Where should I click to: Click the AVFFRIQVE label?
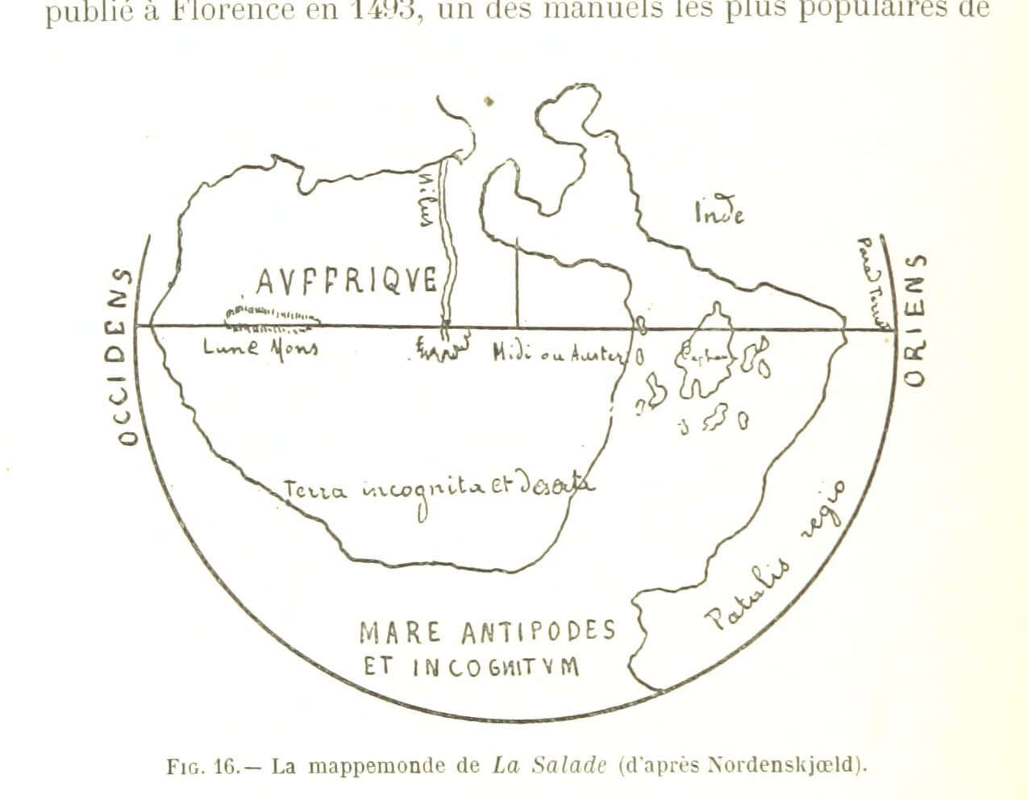point(347,281)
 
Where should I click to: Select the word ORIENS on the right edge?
point(914,319)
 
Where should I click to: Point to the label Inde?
point(718,213)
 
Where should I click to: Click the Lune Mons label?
point(260,348)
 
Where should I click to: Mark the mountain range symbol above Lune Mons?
point(272,317)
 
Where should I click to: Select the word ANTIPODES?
point(539,632)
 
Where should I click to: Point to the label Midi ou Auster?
point(559,353)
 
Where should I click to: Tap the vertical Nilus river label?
point(428,201)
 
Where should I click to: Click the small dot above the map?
point(489,102)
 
